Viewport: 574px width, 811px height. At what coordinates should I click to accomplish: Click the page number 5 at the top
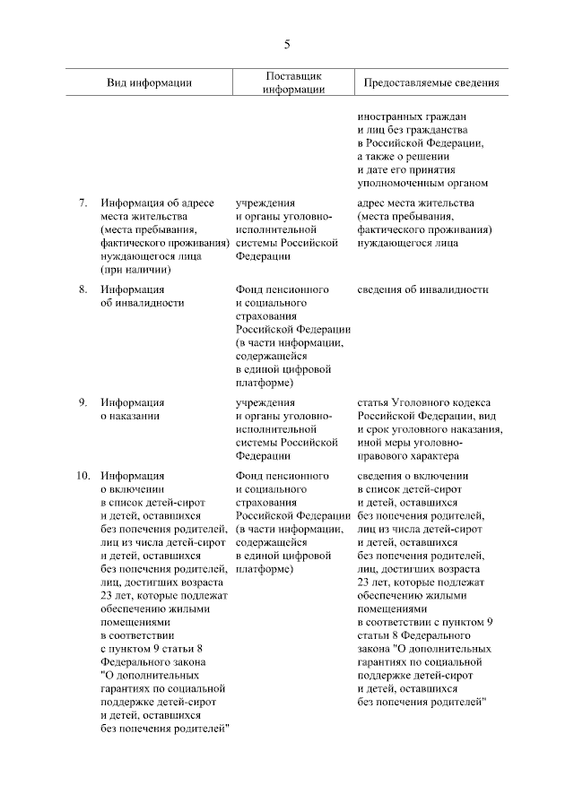pyautogui.click(x=287, y=44)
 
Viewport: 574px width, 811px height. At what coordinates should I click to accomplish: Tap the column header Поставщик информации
pyautogui.click(x=293, y=82)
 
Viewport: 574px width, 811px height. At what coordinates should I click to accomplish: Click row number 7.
pyautogui.click(x=82, y=203)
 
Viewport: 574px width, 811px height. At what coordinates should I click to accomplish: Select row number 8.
pyautogui.click(x=82, y=289)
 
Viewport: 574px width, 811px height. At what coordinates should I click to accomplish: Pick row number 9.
pyautogui.click(x=82, y=402)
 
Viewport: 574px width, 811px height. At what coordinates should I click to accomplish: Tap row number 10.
pyautogui.click(x=79, y=476)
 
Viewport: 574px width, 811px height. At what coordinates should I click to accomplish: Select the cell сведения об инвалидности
pyautogui.click(x=422, y=289)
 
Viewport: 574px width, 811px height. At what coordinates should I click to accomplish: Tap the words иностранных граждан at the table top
pyautogui.click(x=412, y=116)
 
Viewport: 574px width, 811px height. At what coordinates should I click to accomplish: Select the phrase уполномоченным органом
pyautogui.click(x=422, y=183)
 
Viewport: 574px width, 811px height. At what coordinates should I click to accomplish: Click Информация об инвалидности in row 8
pyautogui.click(x=142, y=296)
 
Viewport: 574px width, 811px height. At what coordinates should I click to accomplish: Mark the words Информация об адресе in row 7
pyautogui.click(x=157, y=203)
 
